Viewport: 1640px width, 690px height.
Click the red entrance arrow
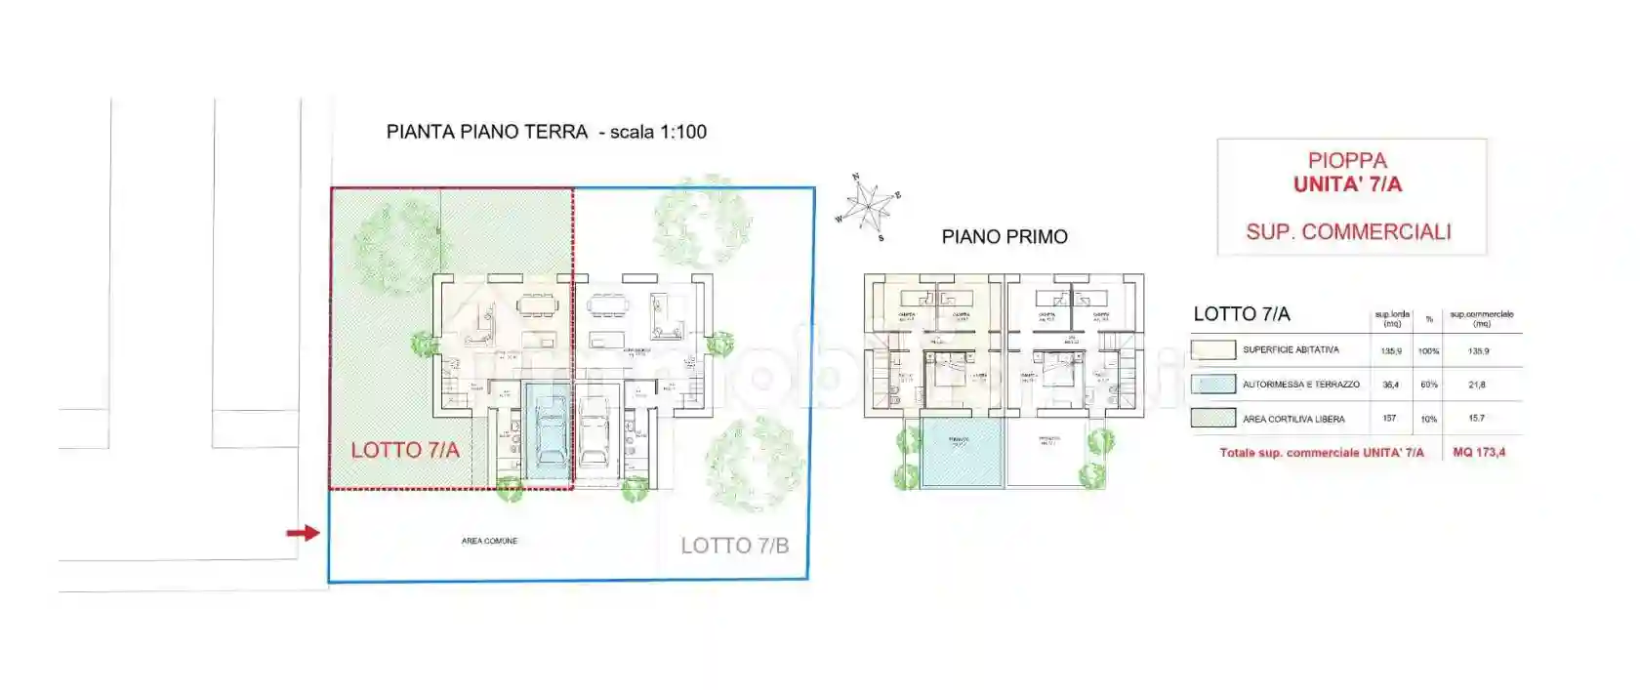[x=303, y=533]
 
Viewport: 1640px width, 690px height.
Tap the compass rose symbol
[x=868, y=206]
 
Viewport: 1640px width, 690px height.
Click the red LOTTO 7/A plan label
[x=404, y=450]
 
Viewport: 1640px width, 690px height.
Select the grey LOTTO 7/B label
[x=734, y=546]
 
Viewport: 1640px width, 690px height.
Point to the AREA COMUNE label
[x=489, y=541]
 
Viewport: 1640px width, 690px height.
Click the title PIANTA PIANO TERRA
[x=486, y=132]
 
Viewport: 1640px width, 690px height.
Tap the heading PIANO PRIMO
[x=1004, y=236]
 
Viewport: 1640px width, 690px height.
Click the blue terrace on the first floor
[x=961, y=454]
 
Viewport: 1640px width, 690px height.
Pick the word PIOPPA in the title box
[x=1347, y=160]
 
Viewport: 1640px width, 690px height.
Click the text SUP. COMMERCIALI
[x=1348, y=232]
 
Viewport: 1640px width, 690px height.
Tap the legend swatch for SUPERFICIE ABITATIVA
[x=1213, y=349]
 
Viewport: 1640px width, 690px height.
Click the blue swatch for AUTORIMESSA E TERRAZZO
[x=1213, y=384]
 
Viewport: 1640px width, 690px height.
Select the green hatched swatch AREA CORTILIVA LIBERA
[x=1213, y=419]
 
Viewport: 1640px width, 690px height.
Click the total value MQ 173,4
[x=1478, y=452]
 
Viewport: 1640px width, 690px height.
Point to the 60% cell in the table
[x=1429, y=385]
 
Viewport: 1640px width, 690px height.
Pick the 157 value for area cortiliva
[x=1389, y=418]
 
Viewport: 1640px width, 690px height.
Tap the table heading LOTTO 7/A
[x=1241, y=314]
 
